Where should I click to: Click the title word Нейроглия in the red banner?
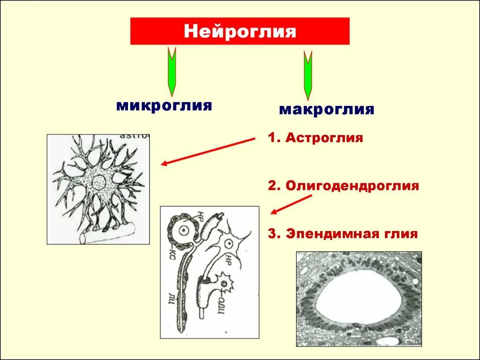pos(240,31)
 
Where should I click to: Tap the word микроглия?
pos(164,105)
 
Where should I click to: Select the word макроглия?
pos(326,110)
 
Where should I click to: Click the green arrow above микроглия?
pos(172,70)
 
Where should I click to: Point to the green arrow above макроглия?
pos(307,75)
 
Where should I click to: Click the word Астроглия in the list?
pos(324,138)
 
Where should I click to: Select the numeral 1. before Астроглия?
pos(273,138)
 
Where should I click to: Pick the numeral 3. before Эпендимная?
pos(273,233)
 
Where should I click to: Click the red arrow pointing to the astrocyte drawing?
pos(208,151)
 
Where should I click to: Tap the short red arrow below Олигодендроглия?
pos(291,204)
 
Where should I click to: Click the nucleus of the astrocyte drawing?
pos(99,181)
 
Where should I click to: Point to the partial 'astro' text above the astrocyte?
pos(135,136)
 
